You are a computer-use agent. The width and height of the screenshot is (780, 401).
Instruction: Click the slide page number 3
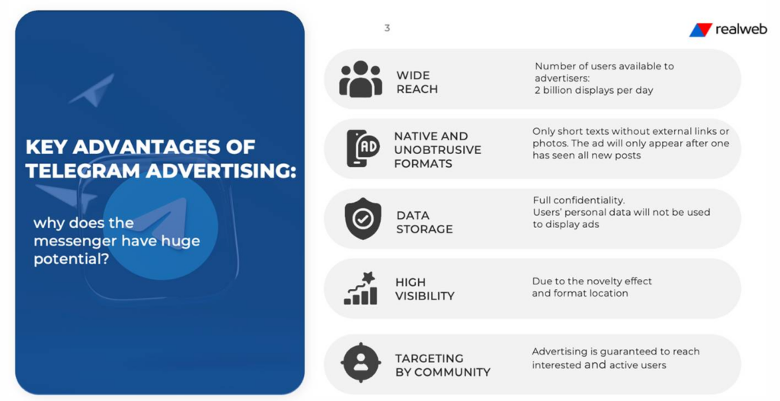point(387,28)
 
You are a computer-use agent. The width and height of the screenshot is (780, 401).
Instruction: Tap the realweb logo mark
point(701,30)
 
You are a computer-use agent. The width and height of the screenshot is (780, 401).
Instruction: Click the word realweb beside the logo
point(741,30)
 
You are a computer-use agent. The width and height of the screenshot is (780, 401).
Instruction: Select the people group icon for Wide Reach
point(360,79)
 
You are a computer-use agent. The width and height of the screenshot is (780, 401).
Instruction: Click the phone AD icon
point(363,149)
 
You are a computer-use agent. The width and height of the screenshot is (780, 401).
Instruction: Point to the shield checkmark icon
point(363,219)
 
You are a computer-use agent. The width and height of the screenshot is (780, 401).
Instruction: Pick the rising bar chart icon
point(360,288)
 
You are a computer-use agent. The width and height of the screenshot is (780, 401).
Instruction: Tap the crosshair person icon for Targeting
point(360,362)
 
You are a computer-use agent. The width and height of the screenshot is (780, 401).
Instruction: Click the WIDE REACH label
point(417,82)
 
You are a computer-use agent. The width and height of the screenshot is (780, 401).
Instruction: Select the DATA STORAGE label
point(424,222)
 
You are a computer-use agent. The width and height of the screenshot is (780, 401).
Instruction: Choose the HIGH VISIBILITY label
point(425,289)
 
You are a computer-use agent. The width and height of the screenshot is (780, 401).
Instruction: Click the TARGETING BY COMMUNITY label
point(443,365)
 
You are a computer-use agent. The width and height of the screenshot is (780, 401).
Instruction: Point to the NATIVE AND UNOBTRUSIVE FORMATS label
point(438,150)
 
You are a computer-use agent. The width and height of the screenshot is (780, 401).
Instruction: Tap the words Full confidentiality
point(579,200)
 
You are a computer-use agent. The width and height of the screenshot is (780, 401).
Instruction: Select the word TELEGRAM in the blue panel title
point(83,171)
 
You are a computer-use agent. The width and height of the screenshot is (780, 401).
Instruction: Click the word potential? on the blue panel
point(71,259)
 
